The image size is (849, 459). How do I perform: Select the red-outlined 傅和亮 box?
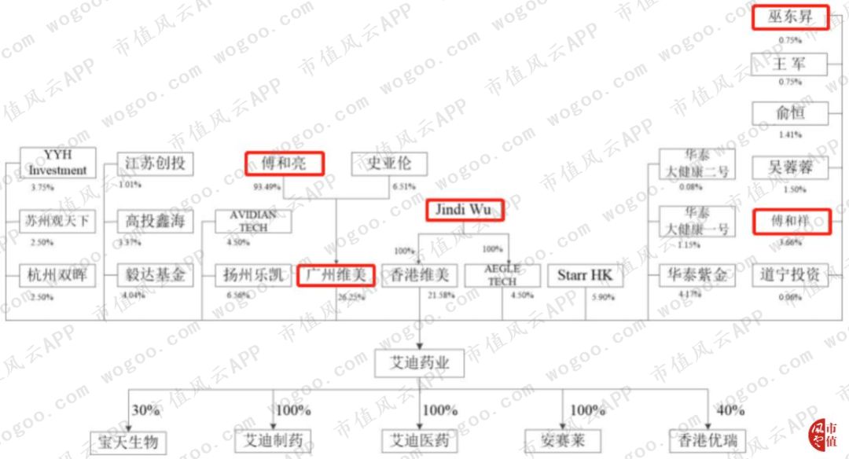(x=284, y=163)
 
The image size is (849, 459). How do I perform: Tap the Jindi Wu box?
(x=464, y=210)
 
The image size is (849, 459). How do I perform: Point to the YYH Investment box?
(x=57, y=163)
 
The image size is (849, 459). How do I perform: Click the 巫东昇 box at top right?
(x=790, y=17)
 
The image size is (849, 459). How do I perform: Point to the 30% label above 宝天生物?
(x=145, y=410)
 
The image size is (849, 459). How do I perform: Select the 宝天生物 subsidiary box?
(x=127, y=441)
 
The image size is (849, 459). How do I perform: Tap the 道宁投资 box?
(x=790, y=275)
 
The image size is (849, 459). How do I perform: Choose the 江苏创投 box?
(x=154, y=164)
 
